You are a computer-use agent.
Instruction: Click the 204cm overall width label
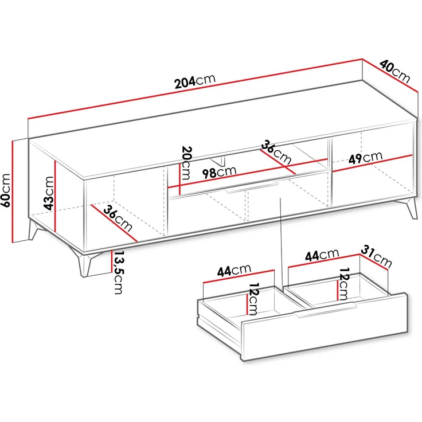pos(195,81)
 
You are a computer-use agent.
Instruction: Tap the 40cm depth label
pos(395,71)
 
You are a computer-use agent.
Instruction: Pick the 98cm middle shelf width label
pos(218,171)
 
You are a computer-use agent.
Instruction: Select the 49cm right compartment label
pos(364,157)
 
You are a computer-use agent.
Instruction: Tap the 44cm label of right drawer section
pos(321,255)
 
